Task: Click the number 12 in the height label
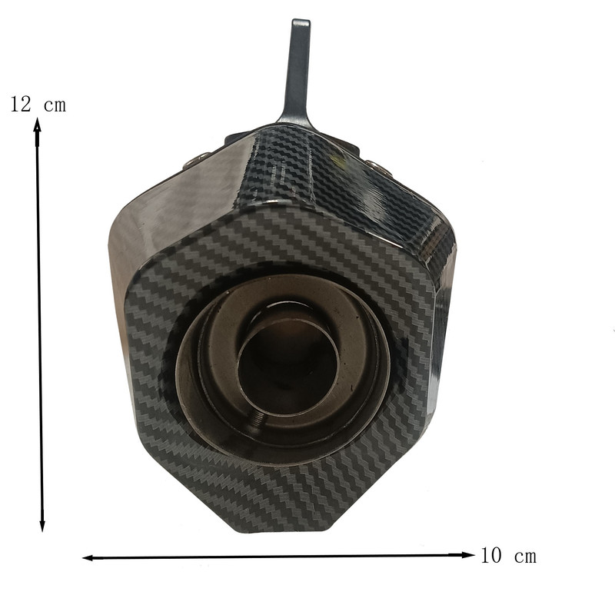(x=21, y=104)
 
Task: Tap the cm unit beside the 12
(x=55, y=106)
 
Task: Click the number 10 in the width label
(x=491, y=555)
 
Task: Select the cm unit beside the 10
(x=525, y=557)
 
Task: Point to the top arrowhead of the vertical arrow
(x=37, y=128)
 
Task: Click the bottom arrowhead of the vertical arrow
(x=42, y=524)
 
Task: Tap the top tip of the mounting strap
(x=301, y=21)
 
